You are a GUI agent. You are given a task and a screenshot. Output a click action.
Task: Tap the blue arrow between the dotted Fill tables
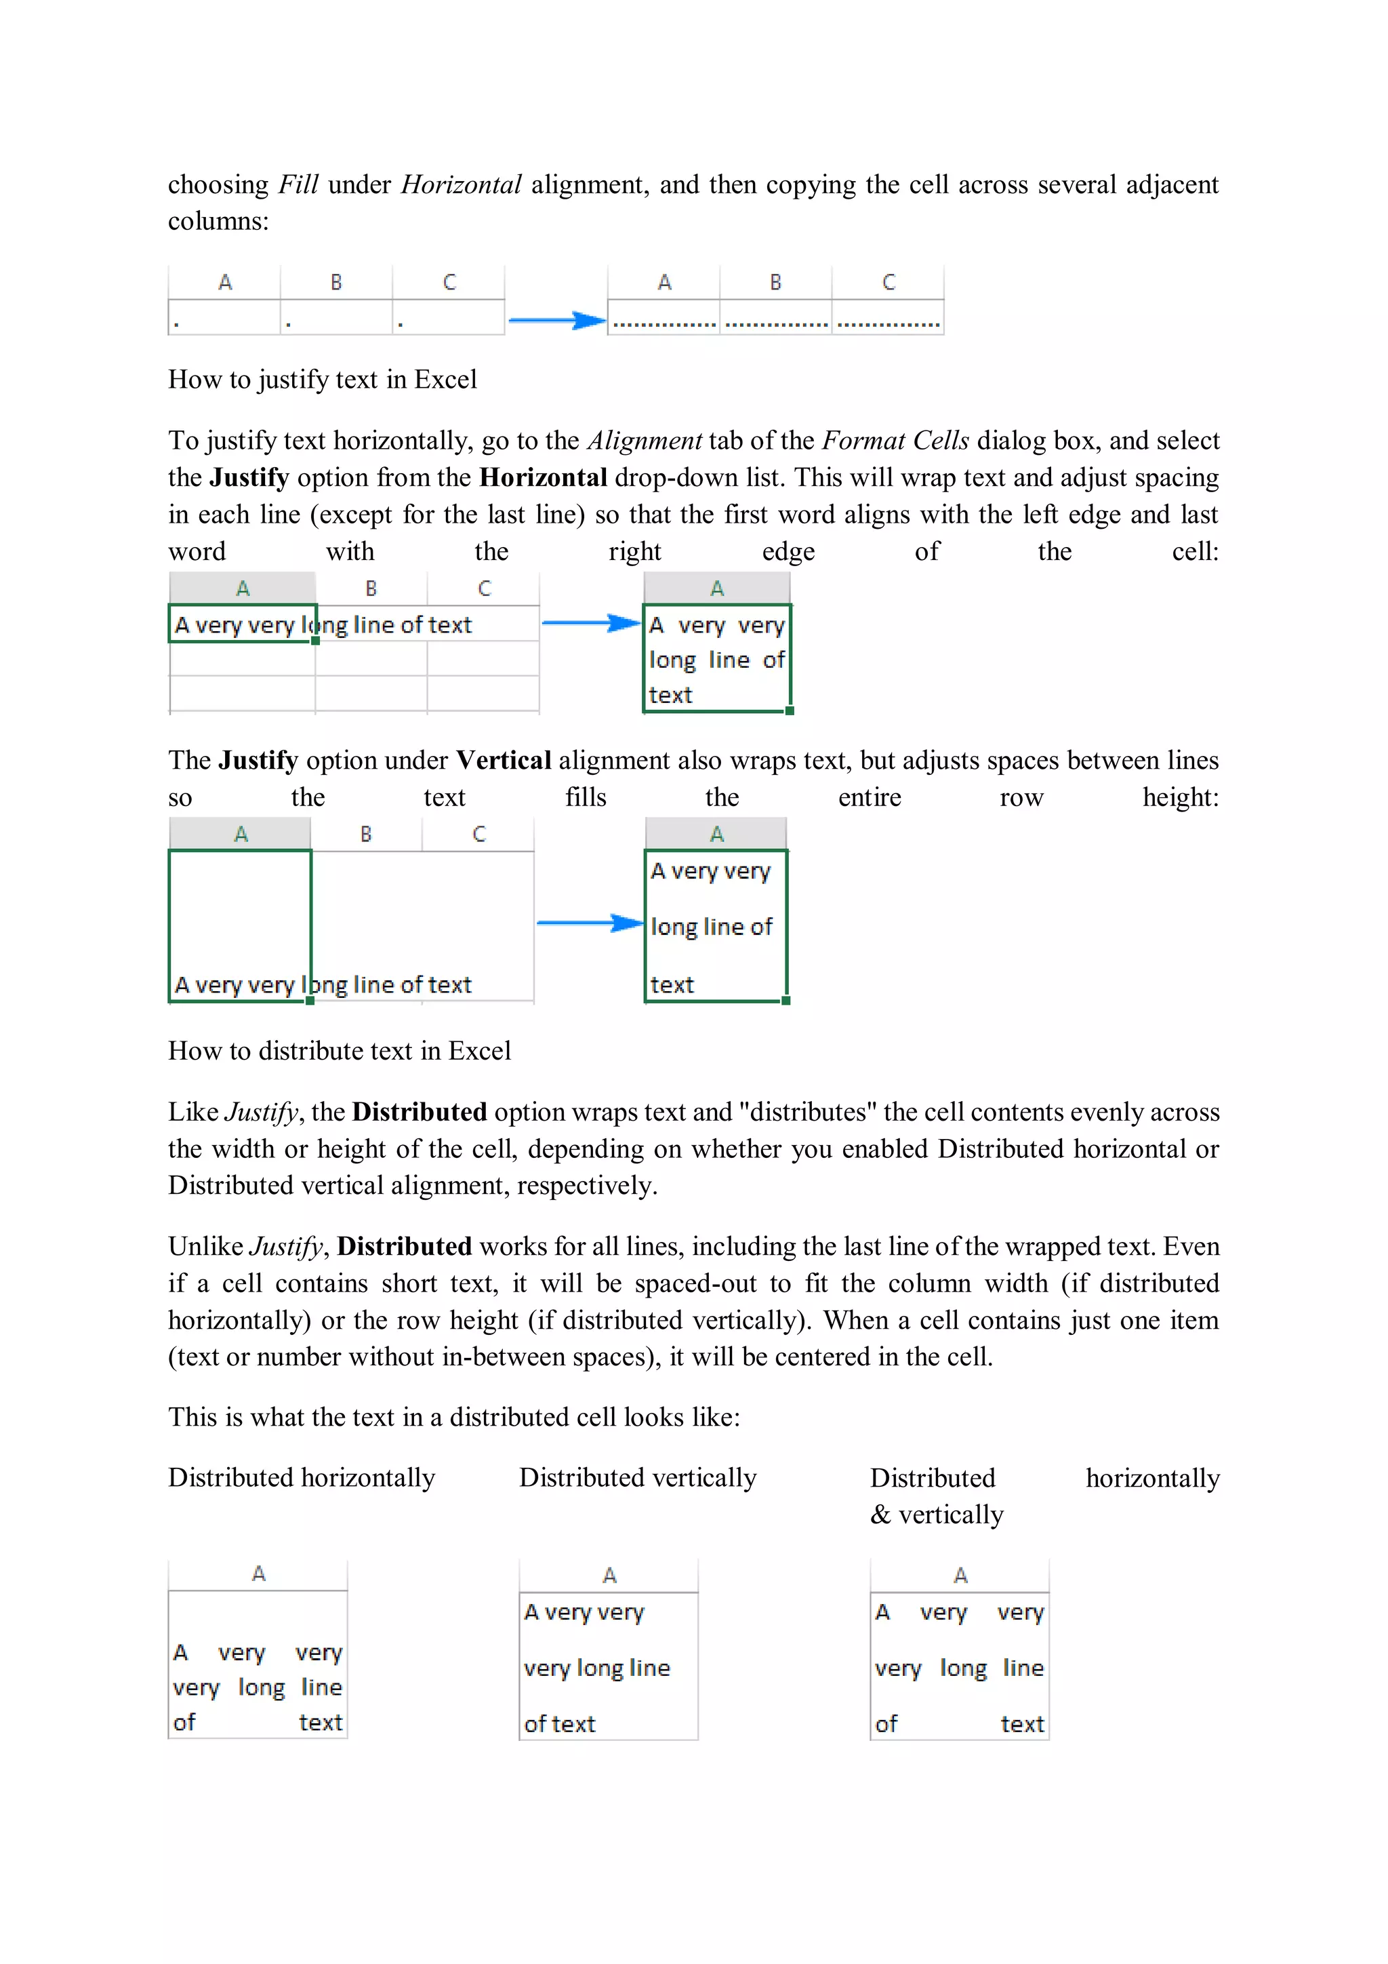(556, 321)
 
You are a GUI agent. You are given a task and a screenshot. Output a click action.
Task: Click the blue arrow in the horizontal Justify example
(591, 623)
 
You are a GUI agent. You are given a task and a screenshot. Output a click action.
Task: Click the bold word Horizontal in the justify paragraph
(543, 477)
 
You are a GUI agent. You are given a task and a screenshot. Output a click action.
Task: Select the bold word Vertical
(504, 761)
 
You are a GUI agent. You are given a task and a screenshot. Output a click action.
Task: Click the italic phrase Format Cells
(895, 441)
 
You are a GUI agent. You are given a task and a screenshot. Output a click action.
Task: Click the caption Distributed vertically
(637, 1478)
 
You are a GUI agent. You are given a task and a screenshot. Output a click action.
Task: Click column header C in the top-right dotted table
(888, 282)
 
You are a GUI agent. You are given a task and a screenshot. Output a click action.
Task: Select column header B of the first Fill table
(336, 282)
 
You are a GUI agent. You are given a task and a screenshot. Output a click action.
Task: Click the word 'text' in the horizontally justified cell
(670, 696)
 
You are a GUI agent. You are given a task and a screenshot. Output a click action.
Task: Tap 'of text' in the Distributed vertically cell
(559, 1725)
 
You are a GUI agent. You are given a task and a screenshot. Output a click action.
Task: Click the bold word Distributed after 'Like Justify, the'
(419, 1112)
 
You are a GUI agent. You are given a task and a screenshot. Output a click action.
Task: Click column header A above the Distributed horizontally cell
(258, 1574)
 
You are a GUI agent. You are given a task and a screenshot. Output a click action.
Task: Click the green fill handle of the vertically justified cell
(785, 1000)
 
